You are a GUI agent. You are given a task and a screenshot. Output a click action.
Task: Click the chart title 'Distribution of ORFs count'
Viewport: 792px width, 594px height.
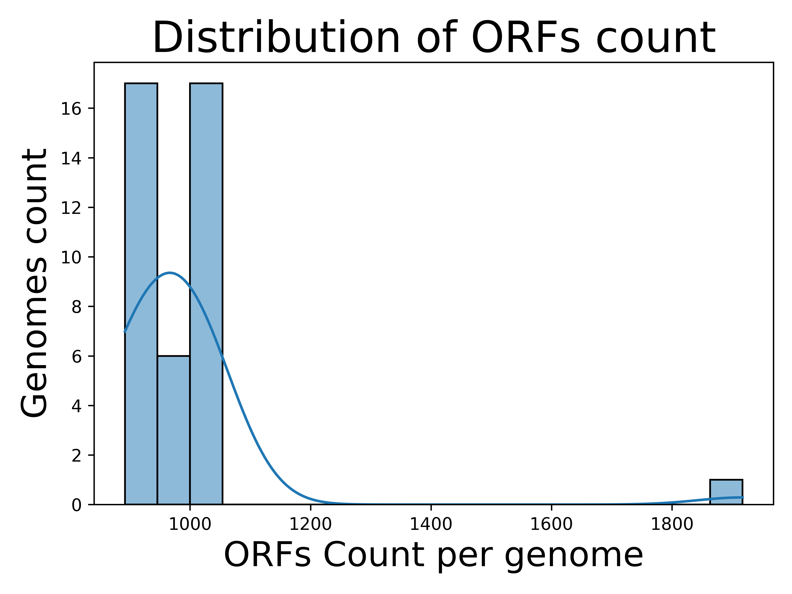434,38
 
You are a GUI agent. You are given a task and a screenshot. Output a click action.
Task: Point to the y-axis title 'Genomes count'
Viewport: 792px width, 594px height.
34,283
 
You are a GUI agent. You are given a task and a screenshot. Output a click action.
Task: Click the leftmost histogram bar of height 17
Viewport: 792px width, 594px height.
141,294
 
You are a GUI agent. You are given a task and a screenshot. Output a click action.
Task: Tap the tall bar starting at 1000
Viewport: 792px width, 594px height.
206,294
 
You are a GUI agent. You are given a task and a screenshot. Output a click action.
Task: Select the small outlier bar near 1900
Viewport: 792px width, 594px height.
726,492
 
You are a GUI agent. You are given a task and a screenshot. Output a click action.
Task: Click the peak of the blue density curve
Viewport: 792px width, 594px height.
170,273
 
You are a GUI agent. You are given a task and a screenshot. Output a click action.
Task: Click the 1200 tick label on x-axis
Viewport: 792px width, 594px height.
310,525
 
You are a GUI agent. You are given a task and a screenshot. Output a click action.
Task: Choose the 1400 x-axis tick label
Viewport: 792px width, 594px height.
431,525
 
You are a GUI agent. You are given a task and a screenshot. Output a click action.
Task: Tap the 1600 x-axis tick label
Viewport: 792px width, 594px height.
551,525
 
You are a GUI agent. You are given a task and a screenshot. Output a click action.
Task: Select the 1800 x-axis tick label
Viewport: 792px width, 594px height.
672,525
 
